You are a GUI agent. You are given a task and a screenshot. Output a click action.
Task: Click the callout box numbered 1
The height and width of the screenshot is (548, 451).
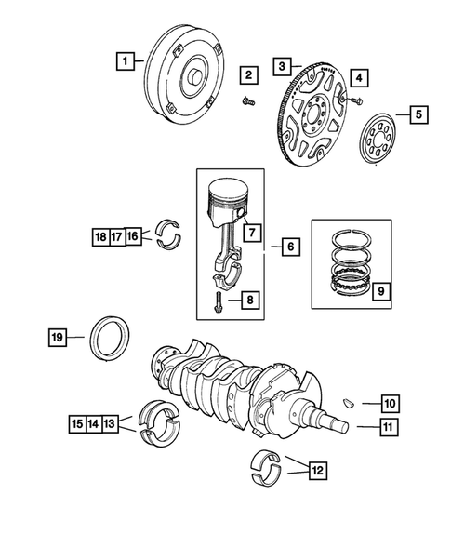click(x=122, y=62)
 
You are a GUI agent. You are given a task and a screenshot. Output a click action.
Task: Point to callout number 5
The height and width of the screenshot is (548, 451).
click(x=418, y=114)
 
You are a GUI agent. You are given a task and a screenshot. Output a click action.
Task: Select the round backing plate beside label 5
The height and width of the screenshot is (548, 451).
click(x=377, y=132)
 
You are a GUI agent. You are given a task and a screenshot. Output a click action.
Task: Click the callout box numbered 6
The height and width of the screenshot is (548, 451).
click(x=290, y=247)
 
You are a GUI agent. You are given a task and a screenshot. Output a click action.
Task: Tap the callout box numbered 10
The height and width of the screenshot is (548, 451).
click(x=389, y=404)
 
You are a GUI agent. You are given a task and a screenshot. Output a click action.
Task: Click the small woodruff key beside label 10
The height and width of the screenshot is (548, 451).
click(x=347, y=404)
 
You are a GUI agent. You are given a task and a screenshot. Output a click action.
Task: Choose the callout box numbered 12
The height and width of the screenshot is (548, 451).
click(x=318, y=471)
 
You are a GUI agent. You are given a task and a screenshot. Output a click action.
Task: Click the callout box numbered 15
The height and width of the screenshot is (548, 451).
click(x=78, y=424)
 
